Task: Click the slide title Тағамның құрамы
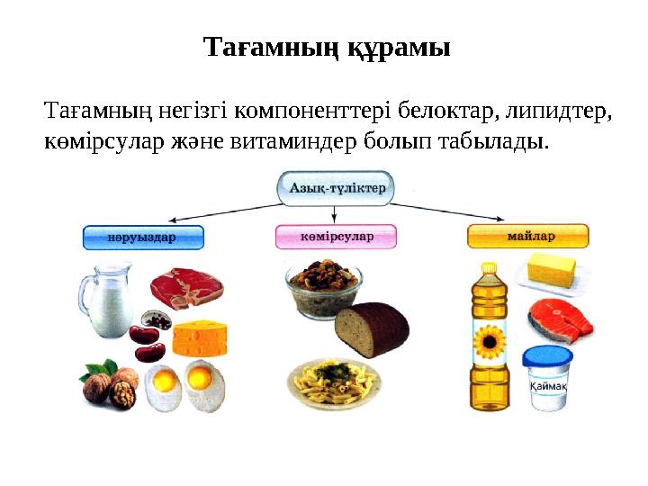pyautogui.click(x=326, y=47)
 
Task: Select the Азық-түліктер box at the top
pyautogui.click(x=337, y=189)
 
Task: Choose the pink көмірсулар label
pyautogui.click(x=336, y=238)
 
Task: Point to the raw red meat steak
pyautogui.click(x=187, y=287)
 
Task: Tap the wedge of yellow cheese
pyautogui.click(x=199, y=338)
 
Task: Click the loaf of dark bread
pyautogui.click(x=372, y=328)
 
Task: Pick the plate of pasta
pyautogui.click(x=334, y=382)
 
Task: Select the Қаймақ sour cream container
pyautogui.click(x=548, y=378)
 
